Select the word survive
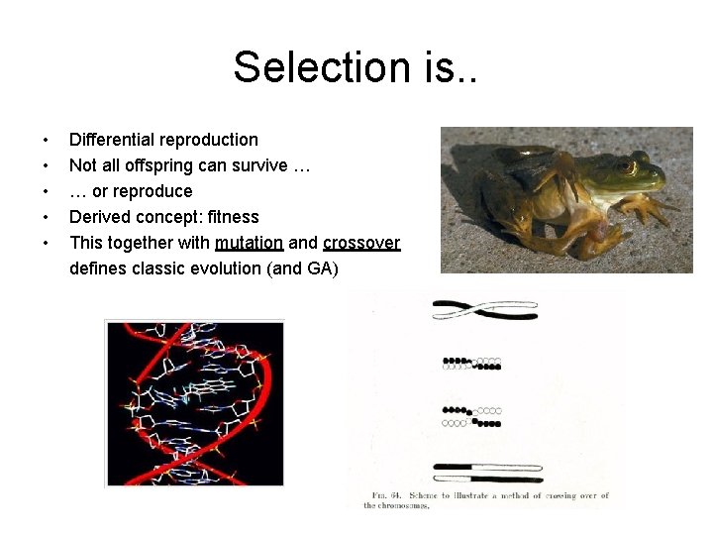(258, 165)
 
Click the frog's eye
(624, 166)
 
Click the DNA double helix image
(194, 402)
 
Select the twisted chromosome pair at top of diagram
(484, 309)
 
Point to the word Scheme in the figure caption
(439, 495)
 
